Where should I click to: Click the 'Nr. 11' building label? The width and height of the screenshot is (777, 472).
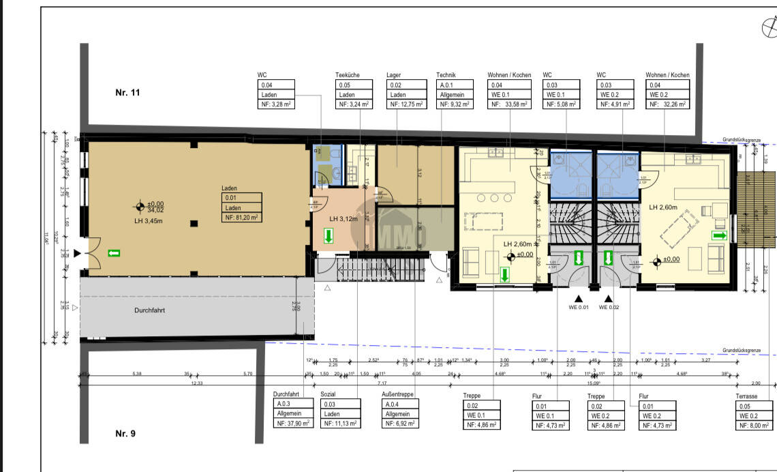[x=127, y=93]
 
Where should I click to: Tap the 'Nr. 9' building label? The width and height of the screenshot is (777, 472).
[x=125, y=433]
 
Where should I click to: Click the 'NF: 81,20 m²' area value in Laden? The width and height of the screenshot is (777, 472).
[x=241, y=218]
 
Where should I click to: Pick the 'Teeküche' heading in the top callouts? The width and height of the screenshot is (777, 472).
[x=348, y=75]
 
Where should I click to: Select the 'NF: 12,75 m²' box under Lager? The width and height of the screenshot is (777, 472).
[x=406, y=104]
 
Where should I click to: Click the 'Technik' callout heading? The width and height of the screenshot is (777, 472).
[x=446, y=75]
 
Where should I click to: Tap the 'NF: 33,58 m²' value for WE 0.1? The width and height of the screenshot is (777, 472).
[x=508, y=104]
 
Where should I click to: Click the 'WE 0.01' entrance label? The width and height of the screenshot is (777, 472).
[x=579, y=308]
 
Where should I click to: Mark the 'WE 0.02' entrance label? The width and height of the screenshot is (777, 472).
[x=609, y=308]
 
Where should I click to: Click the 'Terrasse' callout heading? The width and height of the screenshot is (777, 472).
[x=749, y=396]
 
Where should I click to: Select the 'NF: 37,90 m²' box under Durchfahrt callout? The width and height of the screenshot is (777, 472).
[x=292, y=424]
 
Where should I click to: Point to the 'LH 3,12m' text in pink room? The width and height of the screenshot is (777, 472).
[x=344, y=219]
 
